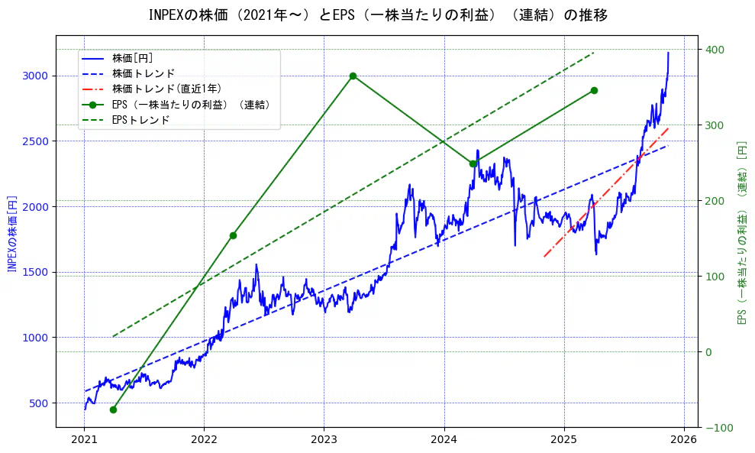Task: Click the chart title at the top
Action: pyautogui.click(x=378, y=15)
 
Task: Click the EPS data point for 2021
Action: pyautogui.click(x=113, y=409)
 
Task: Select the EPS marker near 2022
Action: pyautogui.click(x=233, y=235)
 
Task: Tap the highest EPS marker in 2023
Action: pyautogui.click(x=353, y=76)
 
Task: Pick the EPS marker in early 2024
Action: pyautogui.click(x=473, y=163)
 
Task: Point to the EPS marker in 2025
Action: pyautogui.click(x=594, y=90)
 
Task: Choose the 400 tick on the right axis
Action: pyautogui.click(x=715, y=50)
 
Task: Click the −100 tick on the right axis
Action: pyautogui.click(x=717, y=428)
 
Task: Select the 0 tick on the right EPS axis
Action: pyautogui.click(x=709, y=352)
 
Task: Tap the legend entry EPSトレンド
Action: pyautogui.click(x=140, y=120)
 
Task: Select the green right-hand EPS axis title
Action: pyautogui.click(x=741, y=231)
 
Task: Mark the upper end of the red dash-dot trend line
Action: pyautogui.click(x=668, y=128)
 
